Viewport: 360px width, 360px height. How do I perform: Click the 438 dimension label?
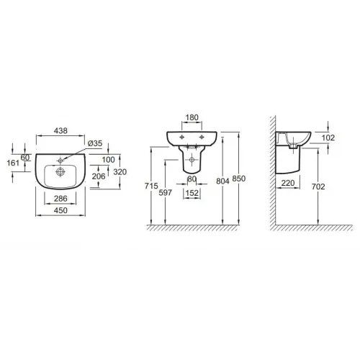click(x=60, y=131)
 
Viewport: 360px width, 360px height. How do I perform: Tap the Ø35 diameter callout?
click(x=95, y=143)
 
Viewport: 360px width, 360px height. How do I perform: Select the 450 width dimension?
click(x=60, y=210)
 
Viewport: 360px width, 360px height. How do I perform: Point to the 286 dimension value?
click(x=60, y=199)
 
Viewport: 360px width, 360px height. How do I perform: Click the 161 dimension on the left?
click(x=13, y=163)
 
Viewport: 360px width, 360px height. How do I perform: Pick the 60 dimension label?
click(x=25, y=158)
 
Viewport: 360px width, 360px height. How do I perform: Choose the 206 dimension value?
click(x=99, y=176)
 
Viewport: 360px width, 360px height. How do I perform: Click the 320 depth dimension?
click(x=120, y=172)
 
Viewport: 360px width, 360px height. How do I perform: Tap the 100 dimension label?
click(x=108, y=160)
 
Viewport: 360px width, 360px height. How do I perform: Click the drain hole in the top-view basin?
click(x=60, y=171)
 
